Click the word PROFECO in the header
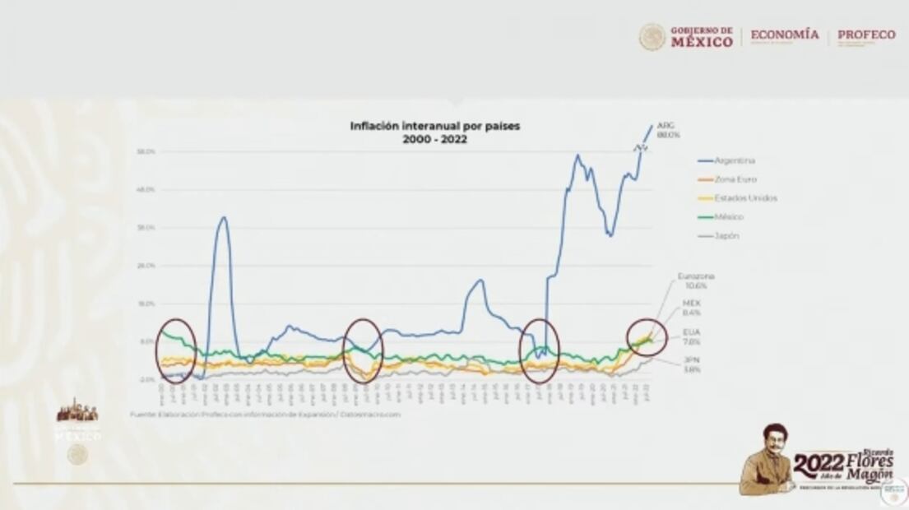[x=866, y=35]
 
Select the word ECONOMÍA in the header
[x=785, y=35]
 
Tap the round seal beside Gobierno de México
[x=652, y=37]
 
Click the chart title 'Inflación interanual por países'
[x=435, y=126]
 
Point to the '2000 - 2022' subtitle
[x=435, y=140]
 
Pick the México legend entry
[x=721, y=217]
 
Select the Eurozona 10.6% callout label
[x=695, y=280]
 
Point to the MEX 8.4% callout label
[x=692, y=308]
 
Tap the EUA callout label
[x=691, y=336]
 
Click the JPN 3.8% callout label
[x=691, y=364]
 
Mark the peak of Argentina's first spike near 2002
[x=223, y=217]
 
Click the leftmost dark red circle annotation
[x=176, y=350]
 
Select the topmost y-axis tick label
[x=147, y=152]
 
